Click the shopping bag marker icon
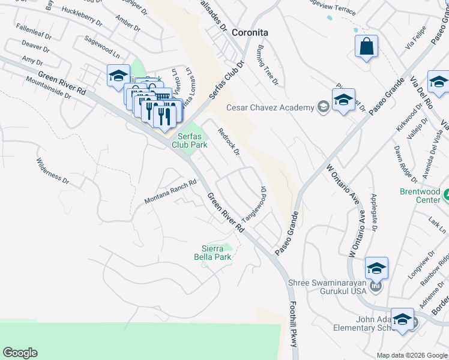click(367, 47)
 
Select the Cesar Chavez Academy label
click(270, 107)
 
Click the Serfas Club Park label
click(190, 140)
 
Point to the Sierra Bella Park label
click(212, 253)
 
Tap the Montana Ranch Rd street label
click(170, 193)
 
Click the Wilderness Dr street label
click(53, 169)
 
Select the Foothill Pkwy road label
click(294, 323)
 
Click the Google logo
click(20, 353)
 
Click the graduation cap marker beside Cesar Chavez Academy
click(343, 100)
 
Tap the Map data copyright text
click(412, 355)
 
